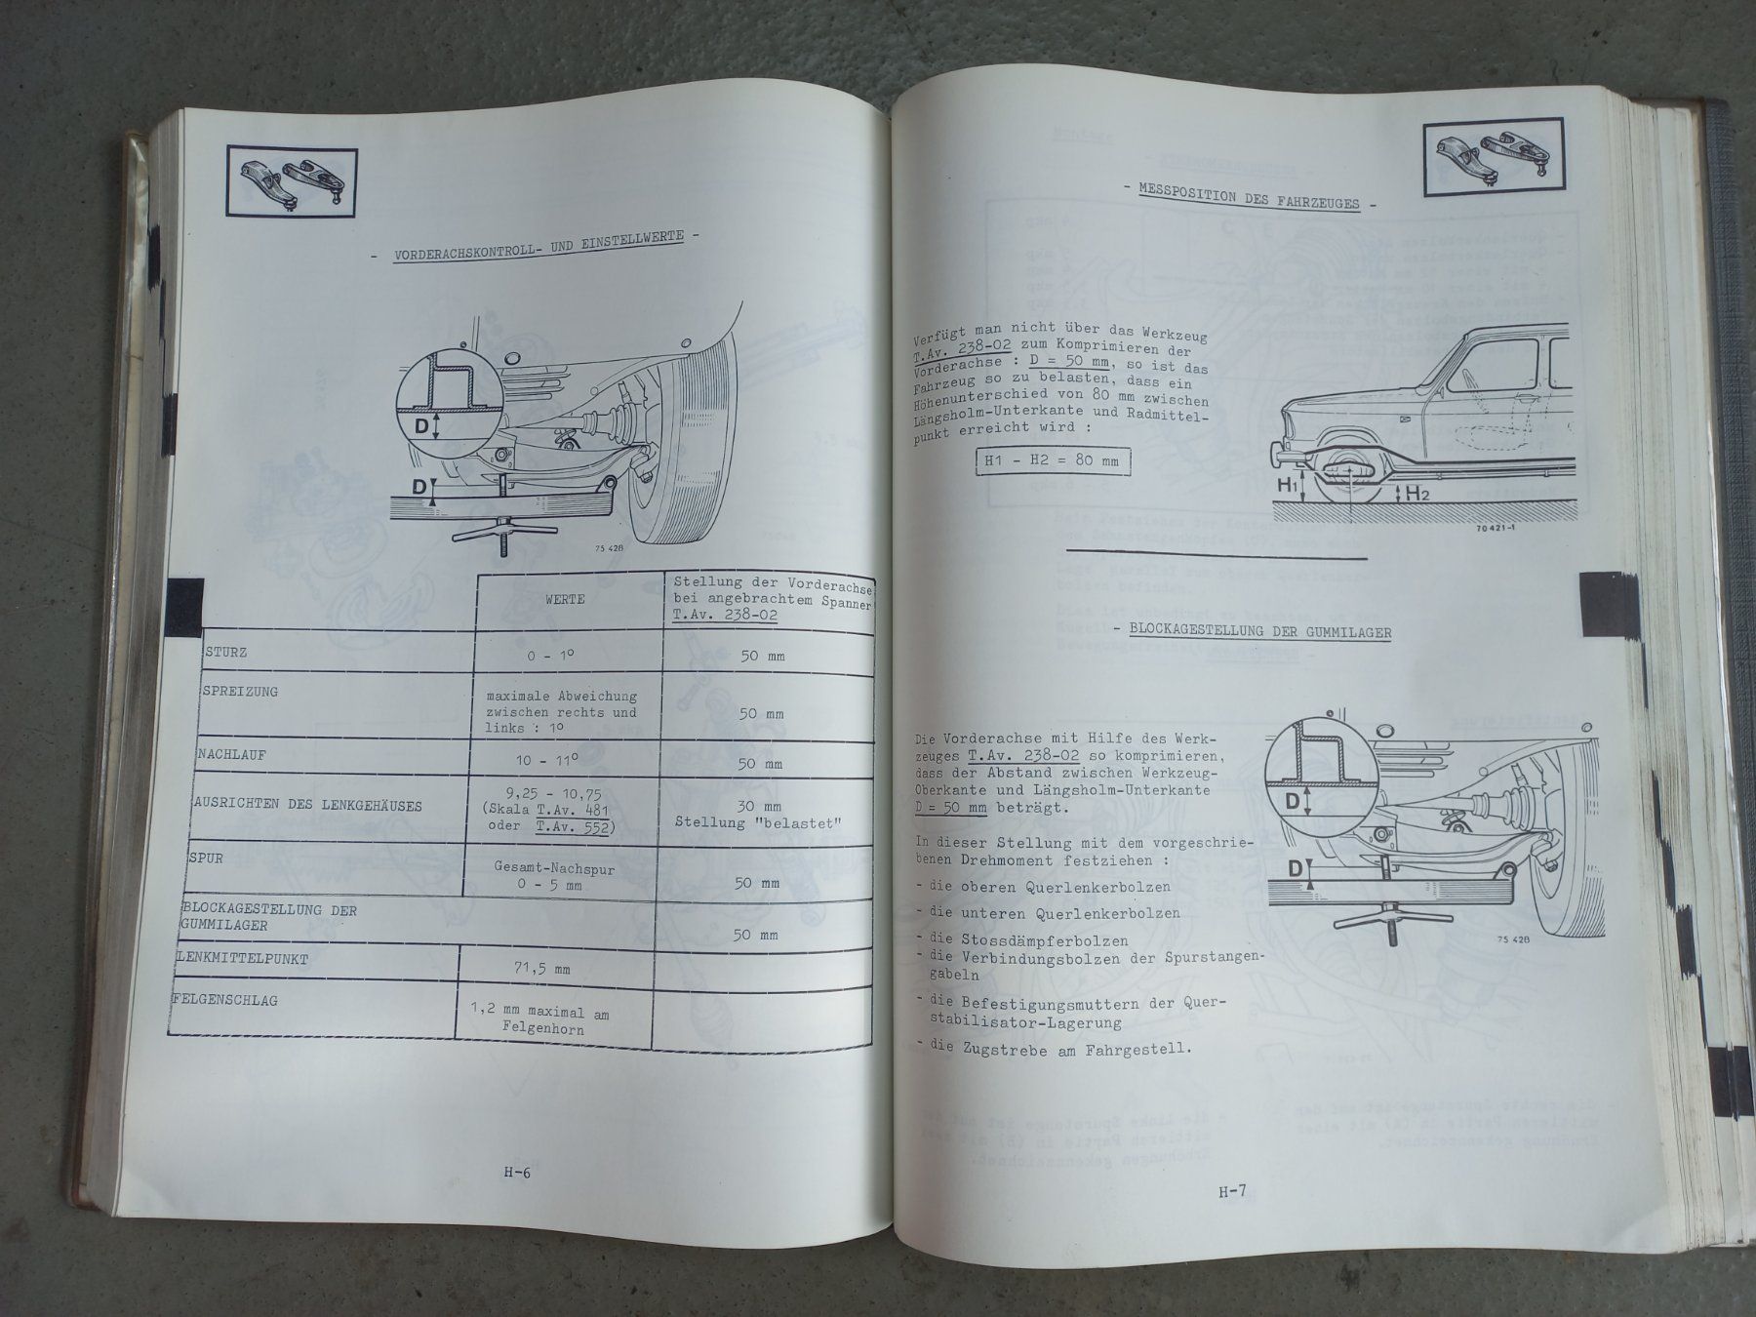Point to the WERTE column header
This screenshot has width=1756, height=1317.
pyautogui.click(x=566, y=598)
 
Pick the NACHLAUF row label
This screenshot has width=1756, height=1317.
pyautogui.click(x=231, y=754)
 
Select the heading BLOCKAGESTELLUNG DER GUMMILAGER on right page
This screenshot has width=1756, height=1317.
pyautogui.click(x=1259, y=631)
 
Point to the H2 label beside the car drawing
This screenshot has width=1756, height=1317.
pyautogui.click(x=1417, y=494)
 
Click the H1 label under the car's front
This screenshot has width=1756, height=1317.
pyautogui.click(x=1287, y=485)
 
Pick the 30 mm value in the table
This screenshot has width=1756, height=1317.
pyautogui.click(x=759, y=807)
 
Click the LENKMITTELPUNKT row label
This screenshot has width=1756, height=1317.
pyautogui.click(x=240, y=959)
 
